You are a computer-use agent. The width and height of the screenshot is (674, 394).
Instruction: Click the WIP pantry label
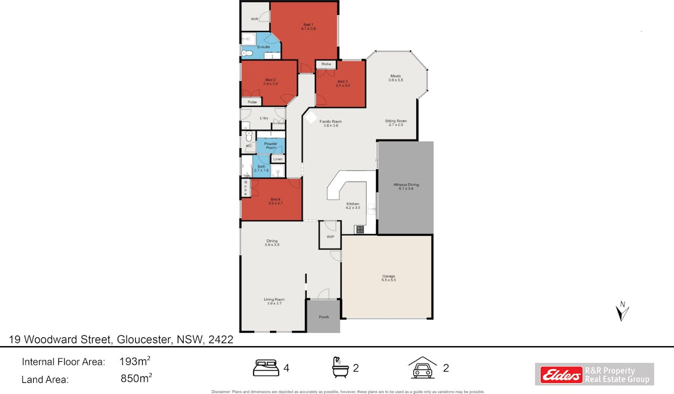(x=330, y=237)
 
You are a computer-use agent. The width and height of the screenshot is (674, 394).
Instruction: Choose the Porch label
(x=324, y=317)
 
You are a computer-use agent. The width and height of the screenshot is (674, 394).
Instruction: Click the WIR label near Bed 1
(x=255, y=19)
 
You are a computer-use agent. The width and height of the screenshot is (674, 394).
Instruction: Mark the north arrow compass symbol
(x=623, y=311)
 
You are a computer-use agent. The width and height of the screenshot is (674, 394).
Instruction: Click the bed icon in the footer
(x=266, y=368)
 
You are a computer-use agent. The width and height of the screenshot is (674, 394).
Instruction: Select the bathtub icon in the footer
(x=339, y=368)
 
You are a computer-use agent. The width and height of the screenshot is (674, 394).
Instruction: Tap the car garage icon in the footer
(x=422, y=368)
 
